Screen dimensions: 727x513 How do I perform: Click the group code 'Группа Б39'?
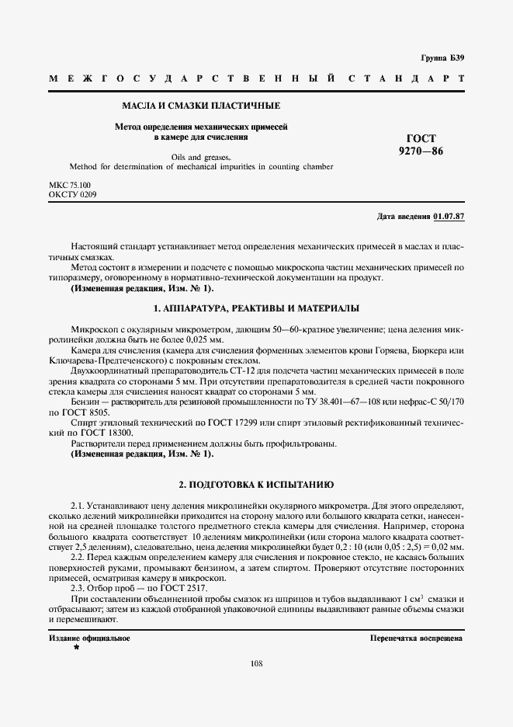(x=442, y=58)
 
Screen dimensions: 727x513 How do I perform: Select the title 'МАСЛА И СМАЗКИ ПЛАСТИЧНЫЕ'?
(x=201, y=105)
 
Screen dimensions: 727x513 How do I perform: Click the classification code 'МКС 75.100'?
(x=70, y=185)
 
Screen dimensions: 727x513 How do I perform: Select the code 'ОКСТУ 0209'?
(x=73, y=194)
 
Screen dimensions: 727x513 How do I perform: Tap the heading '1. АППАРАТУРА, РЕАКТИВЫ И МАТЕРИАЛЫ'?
(x=256, y=309)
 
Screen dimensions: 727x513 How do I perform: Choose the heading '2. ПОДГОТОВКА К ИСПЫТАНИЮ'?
(x=256, y=484)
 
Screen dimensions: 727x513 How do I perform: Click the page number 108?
(x=257, y=663)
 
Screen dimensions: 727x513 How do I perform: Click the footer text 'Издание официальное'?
(x=89, y=638)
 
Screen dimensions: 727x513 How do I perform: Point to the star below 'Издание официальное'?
(x=76, y=647)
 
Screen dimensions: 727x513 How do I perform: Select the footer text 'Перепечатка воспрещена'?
(x=417, y=638)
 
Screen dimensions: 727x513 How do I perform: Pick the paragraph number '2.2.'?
(x=78, y=558)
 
